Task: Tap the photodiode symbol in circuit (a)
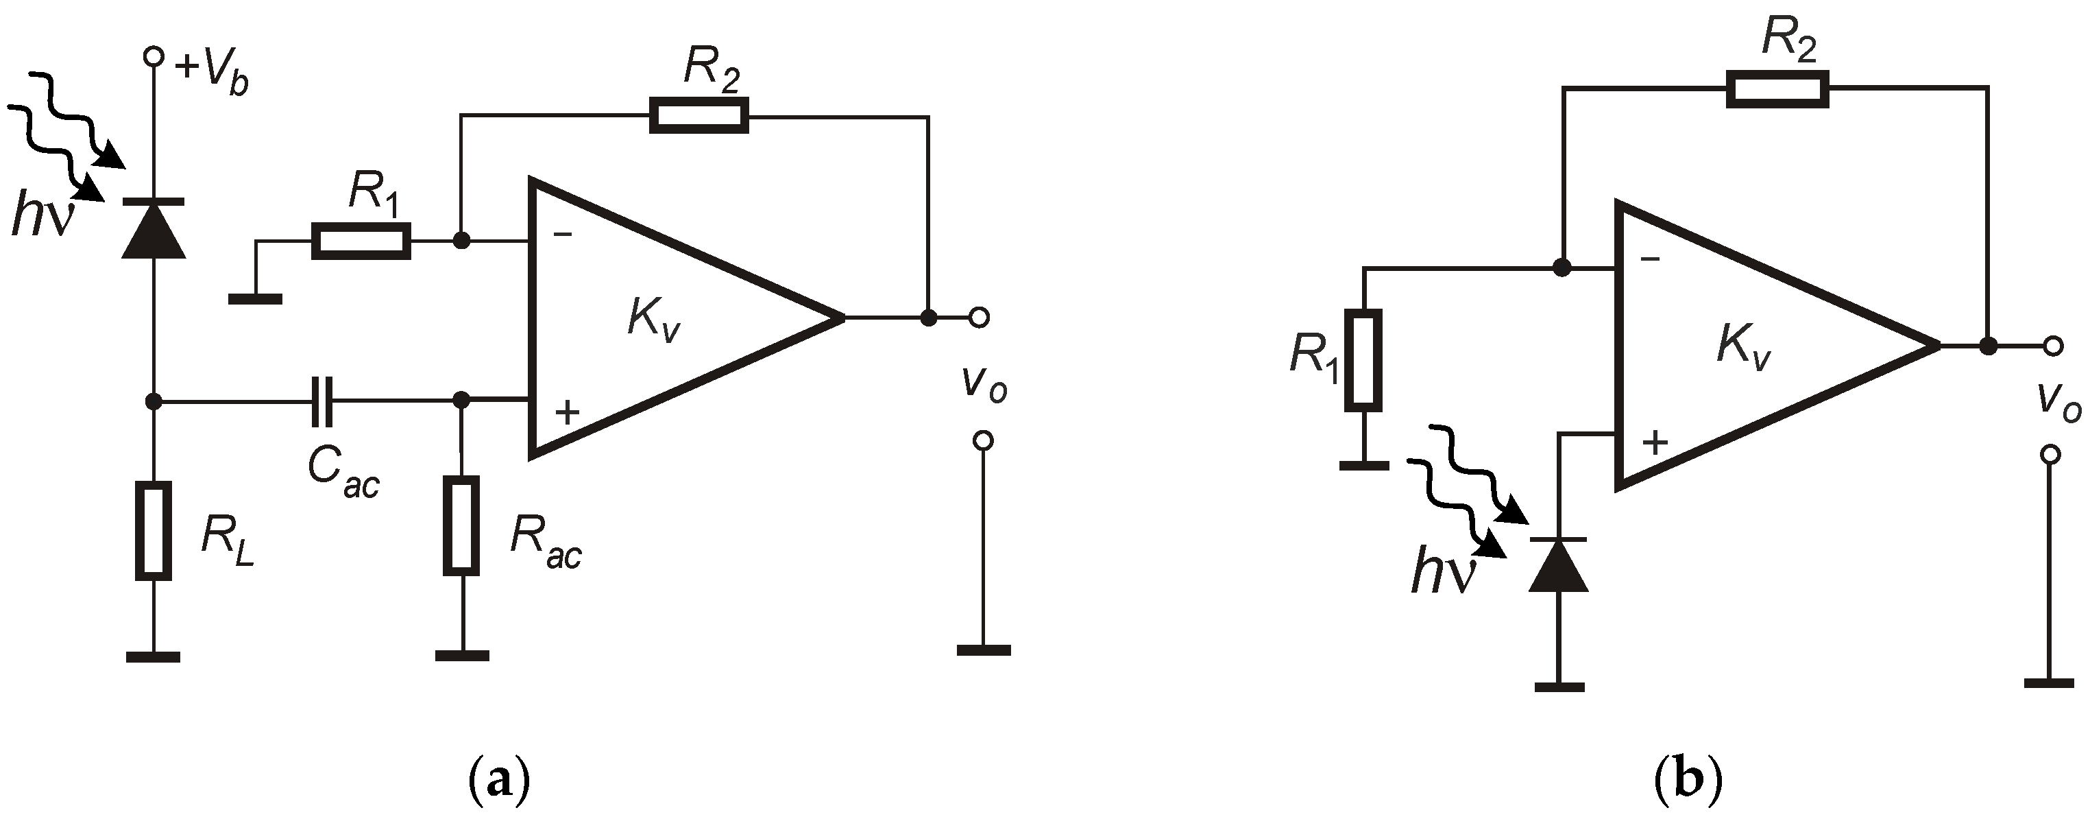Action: coord(154,230)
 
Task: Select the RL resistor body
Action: coord(154,531)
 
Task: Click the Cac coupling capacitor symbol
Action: coord(322,400)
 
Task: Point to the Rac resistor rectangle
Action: coord(461,525)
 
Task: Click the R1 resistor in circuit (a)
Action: coord(361,241)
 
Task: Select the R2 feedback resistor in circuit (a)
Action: coord(698,115)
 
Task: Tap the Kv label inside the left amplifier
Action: coord(653,318)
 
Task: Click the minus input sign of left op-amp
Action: coord(562,235)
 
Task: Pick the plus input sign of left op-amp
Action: coord(567,412)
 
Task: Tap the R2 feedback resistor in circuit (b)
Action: coord(1777,88)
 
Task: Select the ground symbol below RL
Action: coord(154,656)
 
